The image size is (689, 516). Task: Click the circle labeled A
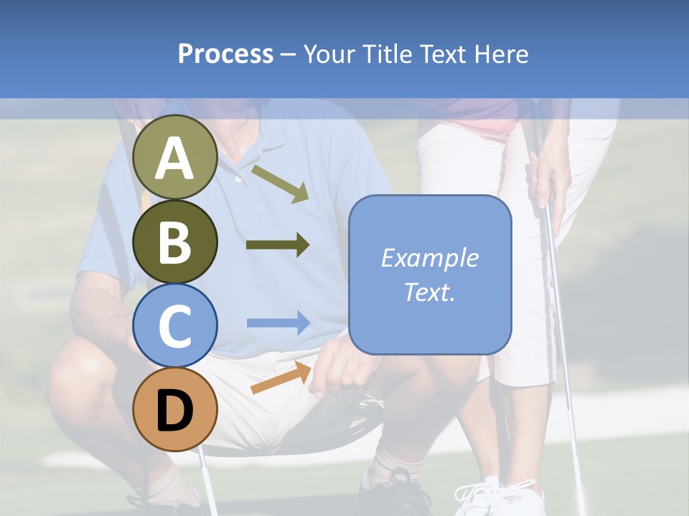[174, 158]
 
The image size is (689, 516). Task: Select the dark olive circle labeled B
[174, 242]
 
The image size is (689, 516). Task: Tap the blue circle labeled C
[174, 325]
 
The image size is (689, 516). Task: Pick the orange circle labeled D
[174, 409]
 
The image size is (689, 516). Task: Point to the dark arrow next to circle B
[278, 245]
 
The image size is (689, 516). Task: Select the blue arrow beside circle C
[278, 322]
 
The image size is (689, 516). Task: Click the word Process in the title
[225, 54]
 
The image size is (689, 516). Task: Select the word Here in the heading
[502, 54]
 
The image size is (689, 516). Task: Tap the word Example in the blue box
[429, 258]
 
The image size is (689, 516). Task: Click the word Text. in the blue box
[429, 292]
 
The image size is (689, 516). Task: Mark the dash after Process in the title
[289, 54]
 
